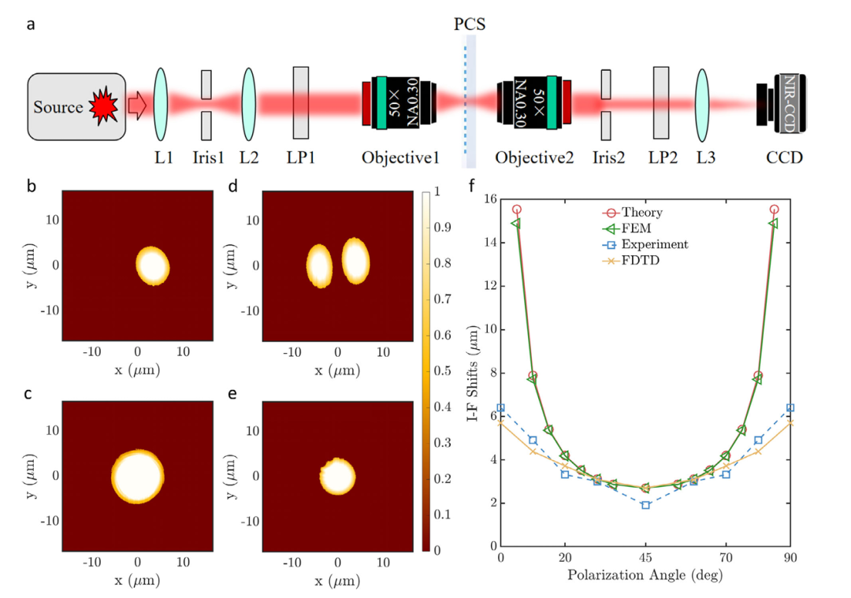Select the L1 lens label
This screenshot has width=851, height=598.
click(163, 158)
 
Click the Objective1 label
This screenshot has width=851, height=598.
click(399, 158)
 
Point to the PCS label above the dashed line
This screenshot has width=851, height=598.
click(470, 24)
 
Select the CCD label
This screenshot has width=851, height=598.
click(784, 158)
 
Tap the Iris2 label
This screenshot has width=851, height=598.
click(609, 158)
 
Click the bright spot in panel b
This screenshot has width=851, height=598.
click(153, 265)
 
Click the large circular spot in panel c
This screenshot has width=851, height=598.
click(138, 476)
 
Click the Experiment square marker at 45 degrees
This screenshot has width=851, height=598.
click(645, 505)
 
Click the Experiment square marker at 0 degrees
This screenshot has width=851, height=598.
click(501, 408)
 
